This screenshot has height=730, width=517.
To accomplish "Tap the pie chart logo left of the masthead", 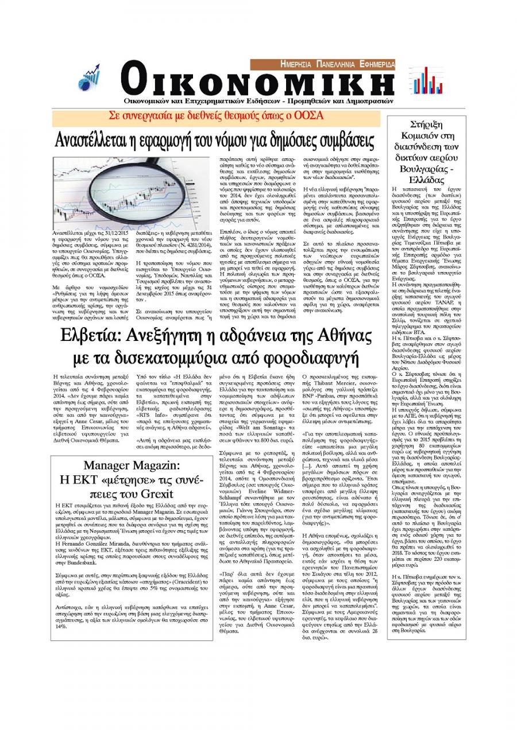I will pyautogui.click(x=88, y=78).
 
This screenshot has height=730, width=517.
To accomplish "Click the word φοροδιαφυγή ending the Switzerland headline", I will pyautogui.click(x=309, y=359).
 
